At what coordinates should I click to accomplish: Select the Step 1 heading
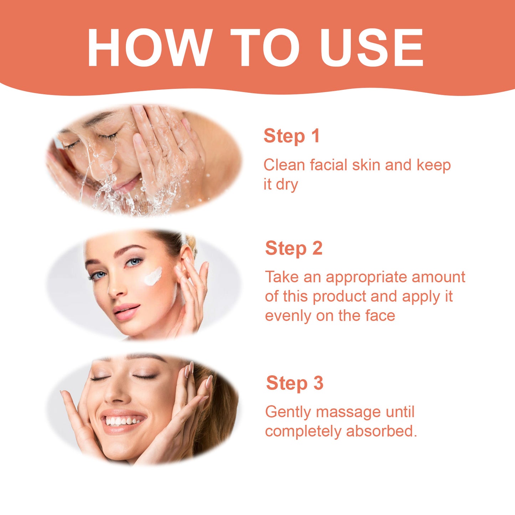[x=292, y=136]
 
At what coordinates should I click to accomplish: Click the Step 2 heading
[x=294, y=248]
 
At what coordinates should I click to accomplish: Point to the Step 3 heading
[x=294, y=383]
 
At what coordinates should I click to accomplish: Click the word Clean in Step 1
[x=284, y=165]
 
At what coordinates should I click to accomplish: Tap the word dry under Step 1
[x=287, y=185]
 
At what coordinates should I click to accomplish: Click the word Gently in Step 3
[x=288, y=412]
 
